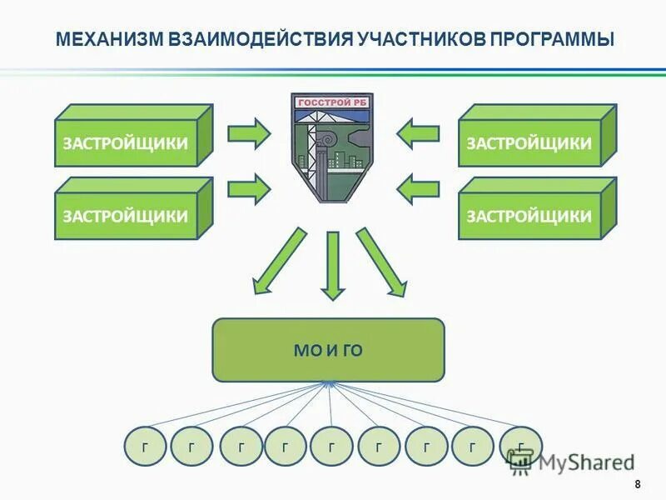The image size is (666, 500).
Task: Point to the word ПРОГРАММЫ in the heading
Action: click(552, 39)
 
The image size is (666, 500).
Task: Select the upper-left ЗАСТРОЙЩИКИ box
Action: click(125, 142)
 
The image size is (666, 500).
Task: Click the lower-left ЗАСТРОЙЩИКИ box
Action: click(125, 215)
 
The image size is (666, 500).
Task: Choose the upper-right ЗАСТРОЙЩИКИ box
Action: click(529, 142)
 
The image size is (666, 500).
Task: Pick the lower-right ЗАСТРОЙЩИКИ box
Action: click(529, 215)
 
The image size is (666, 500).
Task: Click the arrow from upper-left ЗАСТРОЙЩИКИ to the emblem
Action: click(248, 132)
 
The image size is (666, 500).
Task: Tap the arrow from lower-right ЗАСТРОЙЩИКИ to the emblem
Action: click(418, 189)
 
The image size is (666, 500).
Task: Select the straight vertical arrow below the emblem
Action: click(333, 264)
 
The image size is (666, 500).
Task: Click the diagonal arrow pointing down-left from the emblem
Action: click(278, 262)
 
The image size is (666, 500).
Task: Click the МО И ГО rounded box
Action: click(329, 350)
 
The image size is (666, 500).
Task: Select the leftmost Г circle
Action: click(146, 447)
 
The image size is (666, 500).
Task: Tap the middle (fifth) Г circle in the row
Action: click(331, 447)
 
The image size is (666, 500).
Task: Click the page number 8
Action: click(638, 485)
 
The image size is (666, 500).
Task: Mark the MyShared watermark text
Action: click(583, 461)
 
